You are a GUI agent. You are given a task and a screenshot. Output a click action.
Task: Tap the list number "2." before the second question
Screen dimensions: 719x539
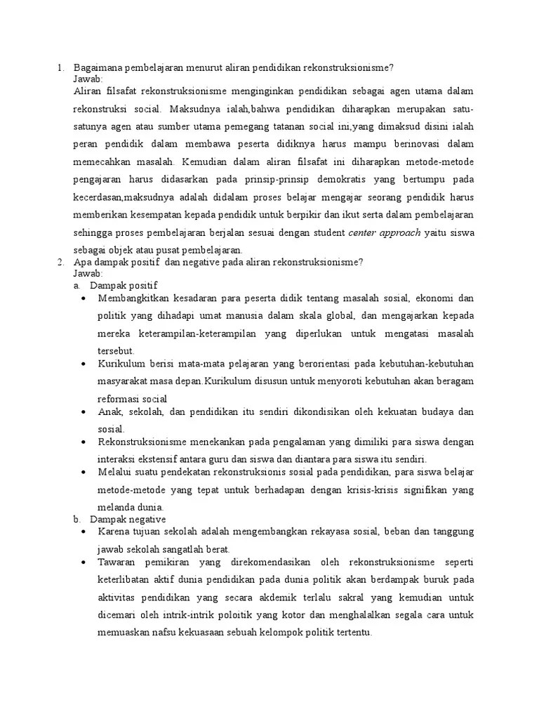click(x=60, y=262)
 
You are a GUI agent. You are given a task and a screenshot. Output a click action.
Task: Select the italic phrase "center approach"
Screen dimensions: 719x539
click(x=385, y=232)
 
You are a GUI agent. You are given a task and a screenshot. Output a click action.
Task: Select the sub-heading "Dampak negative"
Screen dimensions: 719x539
click(x=127, y=519)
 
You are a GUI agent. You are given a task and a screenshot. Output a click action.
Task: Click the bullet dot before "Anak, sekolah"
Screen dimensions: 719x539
click(x=84, y=411)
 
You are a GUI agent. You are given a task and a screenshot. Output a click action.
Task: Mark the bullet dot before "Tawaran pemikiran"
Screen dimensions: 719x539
click(x=84, y=563)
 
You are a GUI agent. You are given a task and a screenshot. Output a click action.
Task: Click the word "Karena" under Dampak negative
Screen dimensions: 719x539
click(x=114, y=532)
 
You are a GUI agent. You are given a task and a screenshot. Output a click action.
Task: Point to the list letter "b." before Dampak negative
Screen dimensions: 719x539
click(x=77, y=520)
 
